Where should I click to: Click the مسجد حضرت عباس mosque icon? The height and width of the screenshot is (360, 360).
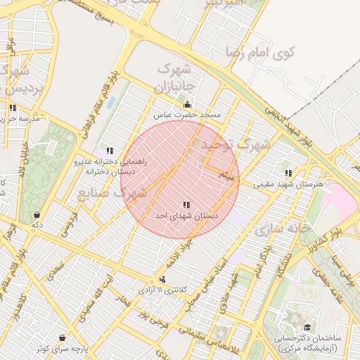(186, 105)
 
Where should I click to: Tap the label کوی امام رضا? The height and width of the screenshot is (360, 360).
(260, 52)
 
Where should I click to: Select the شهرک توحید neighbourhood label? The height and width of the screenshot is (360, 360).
(236, 145)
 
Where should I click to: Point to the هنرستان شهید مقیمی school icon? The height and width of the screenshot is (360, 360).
(288, 173)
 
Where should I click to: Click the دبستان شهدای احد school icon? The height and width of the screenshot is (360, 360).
(186, 205)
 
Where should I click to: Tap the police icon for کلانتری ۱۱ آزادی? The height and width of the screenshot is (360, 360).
(163, 279)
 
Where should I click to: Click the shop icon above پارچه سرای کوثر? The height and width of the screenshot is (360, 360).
(63, 338)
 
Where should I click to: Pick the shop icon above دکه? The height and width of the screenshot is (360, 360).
(36, 215)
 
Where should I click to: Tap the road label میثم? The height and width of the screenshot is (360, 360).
(226, 173)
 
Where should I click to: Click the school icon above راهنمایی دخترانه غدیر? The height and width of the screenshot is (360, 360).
(110, 150)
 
